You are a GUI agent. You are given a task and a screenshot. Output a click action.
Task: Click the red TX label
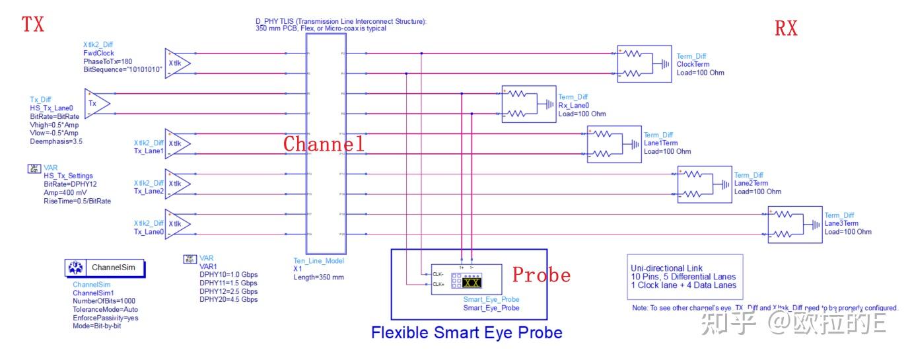(33, 24)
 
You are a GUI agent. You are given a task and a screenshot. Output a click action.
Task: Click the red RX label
(786, 28)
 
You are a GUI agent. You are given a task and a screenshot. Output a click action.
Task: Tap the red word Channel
(324, 144)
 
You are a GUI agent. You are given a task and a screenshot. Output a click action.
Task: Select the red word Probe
(542, 274)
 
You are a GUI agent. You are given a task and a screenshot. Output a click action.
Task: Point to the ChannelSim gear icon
(75, 268)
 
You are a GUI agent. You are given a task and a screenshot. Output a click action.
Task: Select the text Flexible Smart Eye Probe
(466, 332)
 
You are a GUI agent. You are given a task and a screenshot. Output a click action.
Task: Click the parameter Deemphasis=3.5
(56, 141)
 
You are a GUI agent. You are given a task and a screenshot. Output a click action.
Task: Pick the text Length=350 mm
(318, 277)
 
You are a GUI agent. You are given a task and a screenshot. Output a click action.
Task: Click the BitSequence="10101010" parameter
(123, 69)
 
